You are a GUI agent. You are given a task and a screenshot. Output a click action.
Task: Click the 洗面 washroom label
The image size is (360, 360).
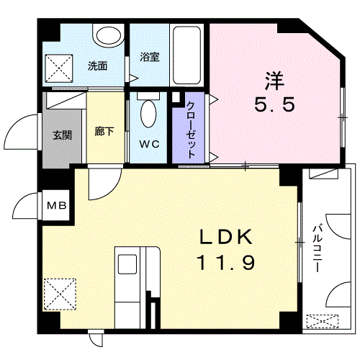pos(98,66)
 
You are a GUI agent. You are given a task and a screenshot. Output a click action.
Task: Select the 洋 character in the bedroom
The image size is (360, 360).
pos(273,78)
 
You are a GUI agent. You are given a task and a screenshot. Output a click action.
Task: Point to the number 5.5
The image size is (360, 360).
pos(274,104)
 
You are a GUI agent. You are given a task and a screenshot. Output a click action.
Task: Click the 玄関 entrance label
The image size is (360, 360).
pos(62,135)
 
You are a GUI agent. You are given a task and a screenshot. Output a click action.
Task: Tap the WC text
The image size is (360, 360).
pos(149,144)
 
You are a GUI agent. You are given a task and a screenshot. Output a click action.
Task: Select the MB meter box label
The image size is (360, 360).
pos(56,207)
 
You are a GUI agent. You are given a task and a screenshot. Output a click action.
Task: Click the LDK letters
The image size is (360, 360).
pos(225,237)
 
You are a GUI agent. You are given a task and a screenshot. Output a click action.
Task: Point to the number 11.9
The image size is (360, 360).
pos(225,264)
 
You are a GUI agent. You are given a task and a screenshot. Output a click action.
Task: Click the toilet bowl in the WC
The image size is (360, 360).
pos(148,113)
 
